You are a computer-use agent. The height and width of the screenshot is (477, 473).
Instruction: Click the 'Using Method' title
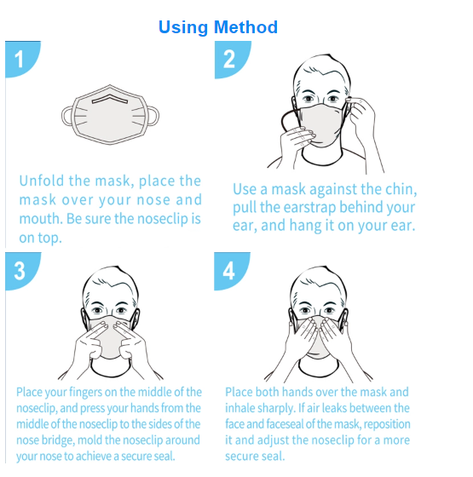(x=218, y=27)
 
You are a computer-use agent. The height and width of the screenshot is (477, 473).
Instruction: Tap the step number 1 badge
(x=21, y=59)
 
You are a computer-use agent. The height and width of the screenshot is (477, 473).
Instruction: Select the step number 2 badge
(x=231, y=59)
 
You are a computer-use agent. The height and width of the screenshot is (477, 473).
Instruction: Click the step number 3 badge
(x=21, y=271)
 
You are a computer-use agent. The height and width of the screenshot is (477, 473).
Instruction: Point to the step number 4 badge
(x=231, y=271)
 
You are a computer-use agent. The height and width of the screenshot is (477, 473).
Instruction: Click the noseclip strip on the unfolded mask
(x=110, y=99)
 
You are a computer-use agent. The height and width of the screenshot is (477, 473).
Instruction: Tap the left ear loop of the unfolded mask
(x=67, y=116)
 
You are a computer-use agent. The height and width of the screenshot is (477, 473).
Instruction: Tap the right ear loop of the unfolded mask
(x=153, y=116)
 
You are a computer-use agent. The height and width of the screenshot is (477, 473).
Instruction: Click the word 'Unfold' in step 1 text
(x=42, y=181)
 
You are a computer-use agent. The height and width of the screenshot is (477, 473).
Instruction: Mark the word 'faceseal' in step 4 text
(x=285, y=424)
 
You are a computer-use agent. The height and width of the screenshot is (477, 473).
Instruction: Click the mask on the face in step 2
(x=321, y=124)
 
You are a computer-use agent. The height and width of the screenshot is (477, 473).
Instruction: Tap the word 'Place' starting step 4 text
(x=239, y=392)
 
